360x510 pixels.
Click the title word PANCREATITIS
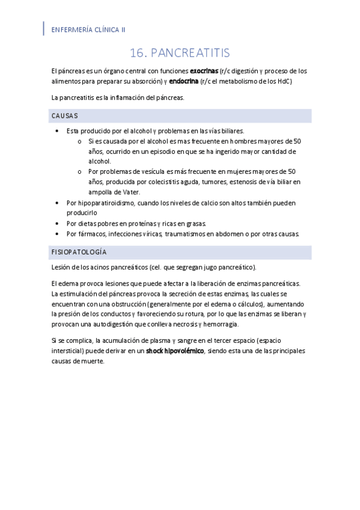coord(191,53)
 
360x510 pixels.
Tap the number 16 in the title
coord(138,53)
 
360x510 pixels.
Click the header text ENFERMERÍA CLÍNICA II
coord(88,29)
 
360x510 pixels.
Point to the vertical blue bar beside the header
coord(43,28)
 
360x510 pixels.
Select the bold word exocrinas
coord(204,70)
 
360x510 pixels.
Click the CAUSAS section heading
coord(64,115)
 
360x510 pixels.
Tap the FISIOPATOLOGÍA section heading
coord(79,252)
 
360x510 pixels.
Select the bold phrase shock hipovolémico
coord(175,351)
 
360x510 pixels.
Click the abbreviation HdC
coord(281,81)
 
